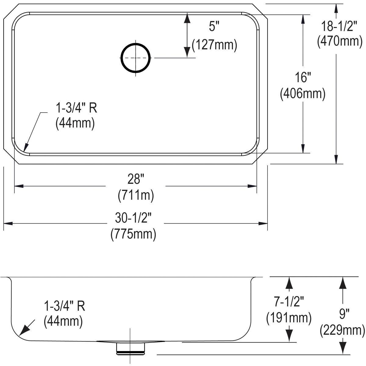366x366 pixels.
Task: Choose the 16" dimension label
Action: (302, 77)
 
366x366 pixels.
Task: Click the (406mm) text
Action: (303, 94)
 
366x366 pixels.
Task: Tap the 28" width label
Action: (135, 179)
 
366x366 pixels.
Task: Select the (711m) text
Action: (136, 195)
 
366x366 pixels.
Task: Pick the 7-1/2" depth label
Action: (289, 302)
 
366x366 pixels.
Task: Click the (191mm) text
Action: (289, 318)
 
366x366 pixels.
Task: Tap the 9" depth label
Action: (343, 313)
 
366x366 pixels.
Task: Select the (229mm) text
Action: (343, 330)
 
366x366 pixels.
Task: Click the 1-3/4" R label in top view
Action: (76, 108)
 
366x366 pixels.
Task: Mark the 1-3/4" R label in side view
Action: (65, 306)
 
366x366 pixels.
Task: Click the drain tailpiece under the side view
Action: (130, 348)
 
